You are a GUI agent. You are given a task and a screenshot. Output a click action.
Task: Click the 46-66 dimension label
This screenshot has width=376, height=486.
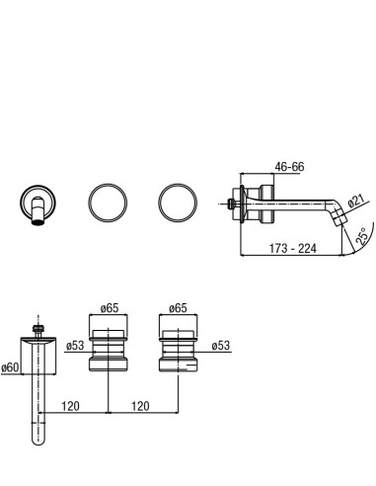tap(289, 167)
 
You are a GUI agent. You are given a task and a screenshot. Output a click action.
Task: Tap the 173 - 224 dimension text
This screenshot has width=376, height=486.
tap(293, 248)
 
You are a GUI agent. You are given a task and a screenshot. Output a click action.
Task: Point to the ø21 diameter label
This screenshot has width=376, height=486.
tap(356, 201)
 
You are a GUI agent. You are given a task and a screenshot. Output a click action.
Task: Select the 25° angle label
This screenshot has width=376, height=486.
tap(362, 236)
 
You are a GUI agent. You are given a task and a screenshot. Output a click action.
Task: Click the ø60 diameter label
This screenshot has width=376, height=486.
tap(10, 367)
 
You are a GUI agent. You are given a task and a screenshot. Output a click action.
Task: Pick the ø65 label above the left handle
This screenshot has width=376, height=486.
tap(110, 308)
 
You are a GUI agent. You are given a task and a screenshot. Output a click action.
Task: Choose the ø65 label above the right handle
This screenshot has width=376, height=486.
tap(178, 308)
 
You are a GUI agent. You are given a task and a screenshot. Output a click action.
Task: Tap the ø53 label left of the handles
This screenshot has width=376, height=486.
tap(75, 346)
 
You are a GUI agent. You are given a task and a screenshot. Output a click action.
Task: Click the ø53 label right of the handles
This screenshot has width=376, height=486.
tap(221, 346)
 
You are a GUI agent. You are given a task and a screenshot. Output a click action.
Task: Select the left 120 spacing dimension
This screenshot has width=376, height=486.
tap(71, 406)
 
